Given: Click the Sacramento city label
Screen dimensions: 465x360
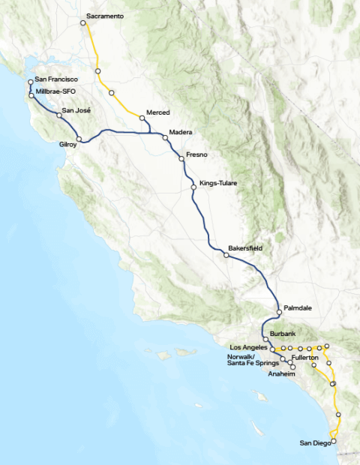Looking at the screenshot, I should (x=105, y=16).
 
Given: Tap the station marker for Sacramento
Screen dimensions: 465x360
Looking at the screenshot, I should (x=83, y=23).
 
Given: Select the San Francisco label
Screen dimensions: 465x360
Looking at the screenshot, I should (x=56, y=79).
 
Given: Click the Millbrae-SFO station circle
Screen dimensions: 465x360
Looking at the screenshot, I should (x=31, y=95).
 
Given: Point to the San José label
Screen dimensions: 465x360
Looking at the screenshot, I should (x=76, y=111).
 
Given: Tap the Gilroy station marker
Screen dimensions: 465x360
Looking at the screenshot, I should (x=79, y=139).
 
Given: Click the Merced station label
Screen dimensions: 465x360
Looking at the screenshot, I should (x=158, y=112).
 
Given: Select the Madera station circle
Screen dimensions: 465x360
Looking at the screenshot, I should (x=165, y=138).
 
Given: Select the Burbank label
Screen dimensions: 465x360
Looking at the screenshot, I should (x=283, y=332).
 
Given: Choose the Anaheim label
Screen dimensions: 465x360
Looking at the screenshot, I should (x=283, y=373).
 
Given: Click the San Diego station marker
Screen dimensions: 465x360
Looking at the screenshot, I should (x=334, y=441).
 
